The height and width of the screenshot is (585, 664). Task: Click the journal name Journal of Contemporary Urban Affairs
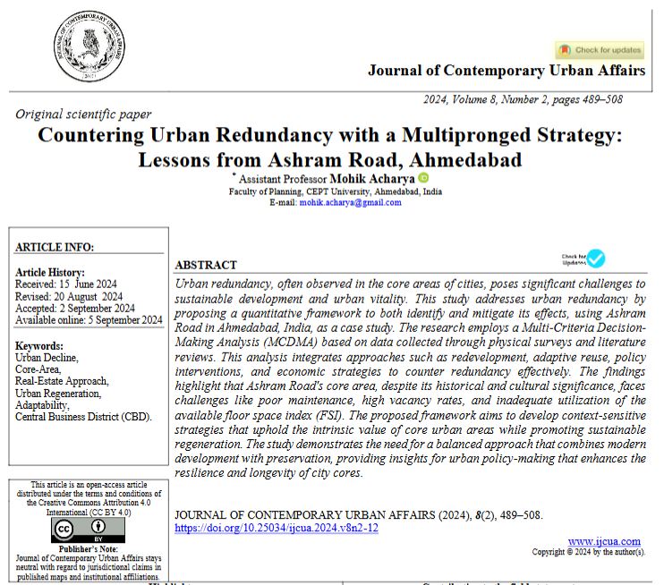506,70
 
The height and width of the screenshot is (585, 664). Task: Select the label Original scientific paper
83,114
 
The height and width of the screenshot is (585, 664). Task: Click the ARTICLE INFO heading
55,248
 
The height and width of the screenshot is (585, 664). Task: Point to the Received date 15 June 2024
70,284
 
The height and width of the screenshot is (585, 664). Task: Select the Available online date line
89,319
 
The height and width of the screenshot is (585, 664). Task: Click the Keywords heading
39,346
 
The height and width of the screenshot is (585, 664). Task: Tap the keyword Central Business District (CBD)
83,416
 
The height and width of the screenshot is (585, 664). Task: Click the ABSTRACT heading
206,266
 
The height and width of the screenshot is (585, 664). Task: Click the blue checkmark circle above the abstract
596,259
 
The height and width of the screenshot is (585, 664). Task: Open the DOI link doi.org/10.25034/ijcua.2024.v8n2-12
277,528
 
